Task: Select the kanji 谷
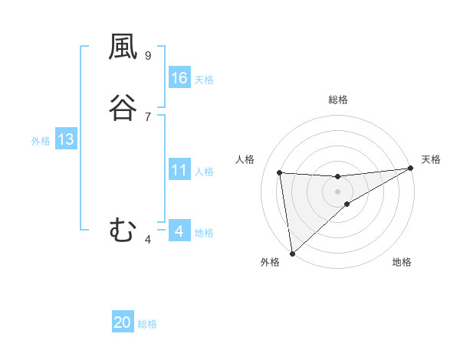[123, 107]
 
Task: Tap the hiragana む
[123, 229]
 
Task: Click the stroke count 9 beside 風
[147, 56]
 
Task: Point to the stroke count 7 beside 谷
[147, 116]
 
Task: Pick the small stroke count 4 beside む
[147, 241]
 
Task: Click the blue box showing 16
[179, 78]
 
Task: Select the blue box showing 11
[179, 170]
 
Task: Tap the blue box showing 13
[65, 139]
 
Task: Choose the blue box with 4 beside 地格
[179, 231]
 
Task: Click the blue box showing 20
[123, 322]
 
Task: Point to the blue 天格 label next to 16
[204, 80]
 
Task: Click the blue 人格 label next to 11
[204, 172]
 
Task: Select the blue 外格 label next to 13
[41, 141]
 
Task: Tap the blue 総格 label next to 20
[147, 324]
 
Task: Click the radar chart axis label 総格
[338, 100]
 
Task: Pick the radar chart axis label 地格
[402, 263]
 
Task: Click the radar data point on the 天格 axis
[410, 169]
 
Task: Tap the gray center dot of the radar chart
[338, 191]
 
